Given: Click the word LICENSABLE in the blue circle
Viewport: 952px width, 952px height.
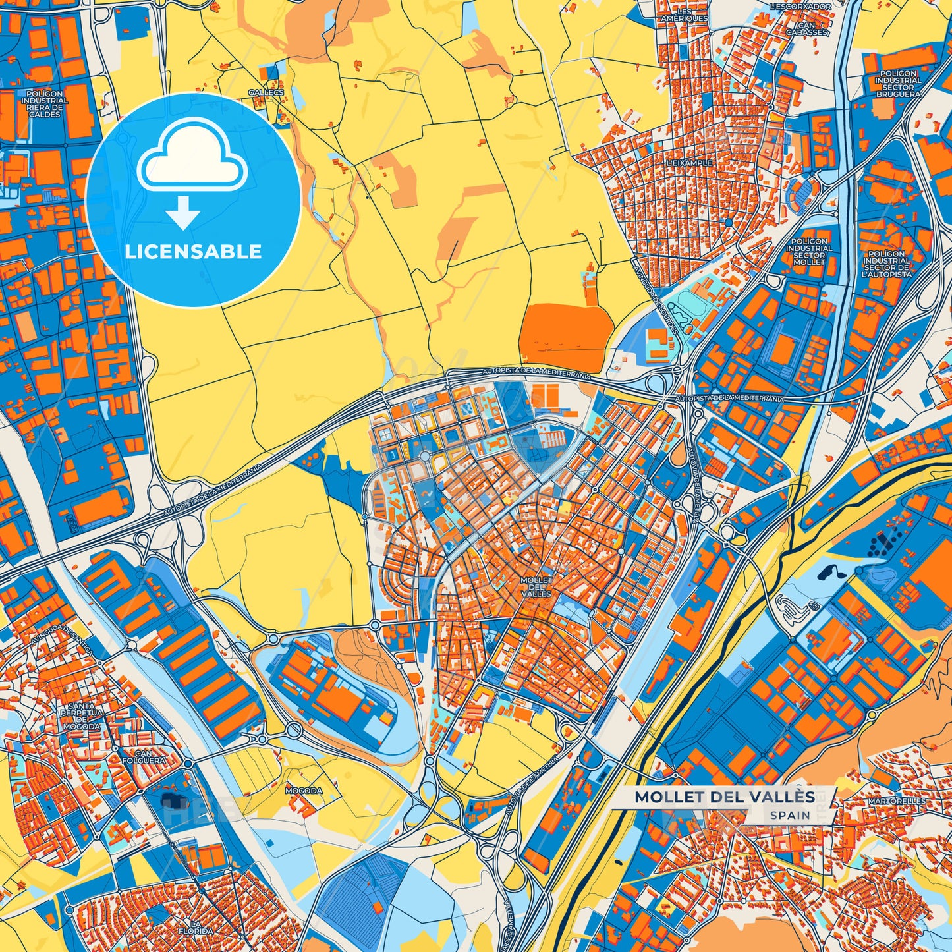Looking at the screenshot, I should click(193, 252).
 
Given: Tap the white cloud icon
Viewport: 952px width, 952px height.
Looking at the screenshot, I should click(192, 157).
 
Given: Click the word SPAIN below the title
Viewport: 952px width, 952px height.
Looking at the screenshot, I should click(790, 815).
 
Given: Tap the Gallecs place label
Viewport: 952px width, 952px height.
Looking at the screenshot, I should click(266, 93).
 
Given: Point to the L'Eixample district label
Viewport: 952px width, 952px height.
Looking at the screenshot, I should click(688, 162).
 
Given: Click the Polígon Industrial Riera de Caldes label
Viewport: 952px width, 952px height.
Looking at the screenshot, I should click(45, 104).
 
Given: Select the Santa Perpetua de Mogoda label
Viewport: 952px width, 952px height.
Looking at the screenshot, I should click(81, 716).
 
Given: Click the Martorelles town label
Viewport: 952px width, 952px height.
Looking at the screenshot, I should click(896, 801).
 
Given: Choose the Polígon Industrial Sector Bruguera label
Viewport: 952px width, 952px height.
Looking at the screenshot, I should click(898, 84).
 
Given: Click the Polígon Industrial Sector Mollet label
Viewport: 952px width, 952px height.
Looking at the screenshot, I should click(808, 252).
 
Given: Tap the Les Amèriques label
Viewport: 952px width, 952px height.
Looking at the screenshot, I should click(685, 15).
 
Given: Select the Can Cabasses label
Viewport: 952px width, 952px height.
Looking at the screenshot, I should click(807, 28).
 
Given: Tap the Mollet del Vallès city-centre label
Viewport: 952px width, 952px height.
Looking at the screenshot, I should click(536, 586).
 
